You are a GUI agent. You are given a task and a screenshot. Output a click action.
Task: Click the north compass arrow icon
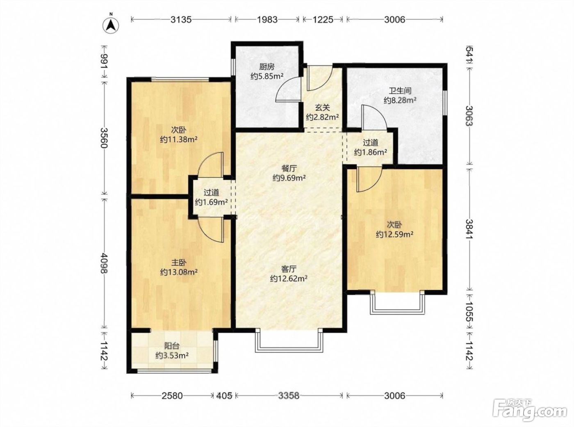111,25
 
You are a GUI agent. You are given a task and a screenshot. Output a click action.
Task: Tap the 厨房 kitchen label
267,67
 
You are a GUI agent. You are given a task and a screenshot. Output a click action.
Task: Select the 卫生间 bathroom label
400,91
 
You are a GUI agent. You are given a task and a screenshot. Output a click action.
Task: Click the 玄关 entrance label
322,107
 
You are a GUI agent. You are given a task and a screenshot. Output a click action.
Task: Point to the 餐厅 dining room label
289,169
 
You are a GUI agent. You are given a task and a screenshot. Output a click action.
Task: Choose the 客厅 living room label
289,269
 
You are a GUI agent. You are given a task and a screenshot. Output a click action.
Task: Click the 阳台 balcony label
172,346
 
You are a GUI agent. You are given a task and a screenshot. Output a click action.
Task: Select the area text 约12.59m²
394,235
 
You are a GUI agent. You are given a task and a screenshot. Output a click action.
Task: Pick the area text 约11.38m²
179,140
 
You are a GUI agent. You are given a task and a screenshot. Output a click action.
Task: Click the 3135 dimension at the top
181,19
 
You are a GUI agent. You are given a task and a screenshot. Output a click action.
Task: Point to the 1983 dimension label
267,19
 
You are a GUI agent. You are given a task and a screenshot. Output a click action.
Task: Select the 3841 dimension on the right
470,229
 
